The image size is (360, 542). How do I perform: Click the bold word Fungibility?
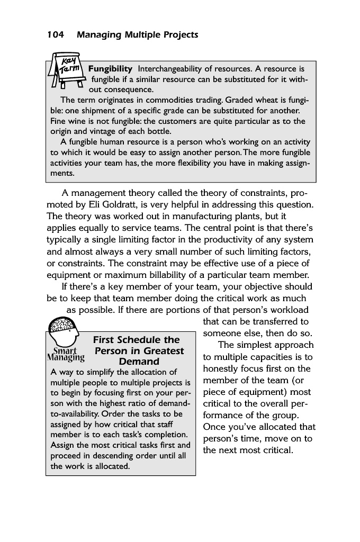tap(110, 69)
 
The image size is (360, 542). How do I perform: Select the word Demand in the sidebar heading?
tap(139, 362)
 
